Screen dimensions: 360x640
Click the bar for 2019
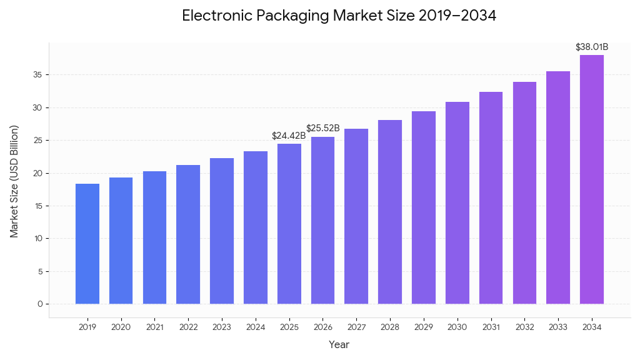click(87, 244)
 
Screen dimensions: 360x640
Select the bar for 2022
click(188, 234)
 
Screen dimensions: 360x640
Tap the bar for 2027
click(356, 216)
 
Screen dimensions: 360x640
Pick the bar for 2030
click(457, 203)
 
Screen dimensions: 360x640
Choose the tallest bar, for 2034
click(592, 179)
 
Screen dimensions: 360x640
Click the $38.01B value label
click(592, 47)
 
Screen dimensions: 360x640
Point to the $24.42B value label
click(289, 136)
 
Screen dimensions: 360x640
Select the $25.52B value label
click(323, 128)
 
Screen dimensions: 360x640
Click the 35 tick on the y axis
click(39, 75)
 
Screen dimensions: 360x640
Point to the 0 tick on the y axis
click(40, 304)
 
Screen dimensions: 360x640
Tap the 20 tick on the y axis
click(39, 173)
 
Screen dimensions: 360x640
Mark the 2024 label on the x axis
click(256, 327)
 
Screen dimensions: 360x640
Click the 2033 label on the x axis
click(558, 327)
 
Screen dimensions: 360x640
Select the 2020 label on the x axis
click(121, 327)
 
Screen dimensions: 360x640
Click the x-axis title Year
click(339, 344)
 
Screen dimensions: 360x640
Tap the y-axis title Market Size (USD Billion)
click(14, 181)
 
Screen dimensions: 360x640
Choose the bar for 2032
click(524, 193)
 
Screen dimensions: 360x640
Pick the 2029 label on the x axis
click(424, 327)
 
